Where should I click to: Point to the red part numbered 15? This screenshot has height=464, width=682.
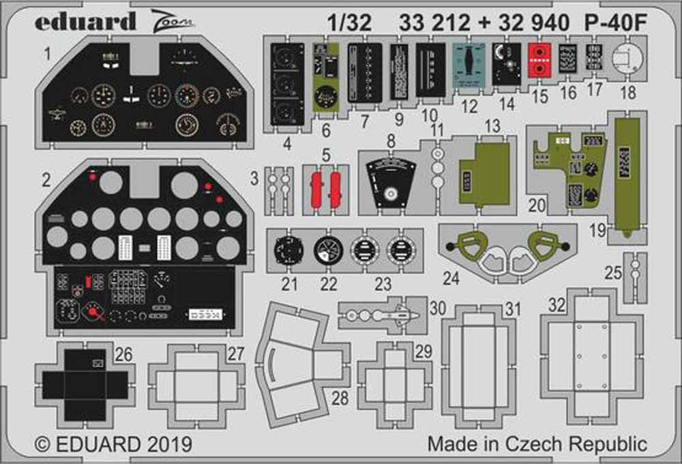tap(539, 59)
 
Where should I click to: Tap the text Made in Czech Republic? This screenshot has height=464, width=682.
tap(537, 444)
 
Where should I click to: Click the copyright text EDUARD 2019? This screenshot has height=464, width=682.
tap(114, 444)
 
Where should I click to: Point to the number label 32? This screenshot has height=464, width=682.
tap(557, 306)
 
